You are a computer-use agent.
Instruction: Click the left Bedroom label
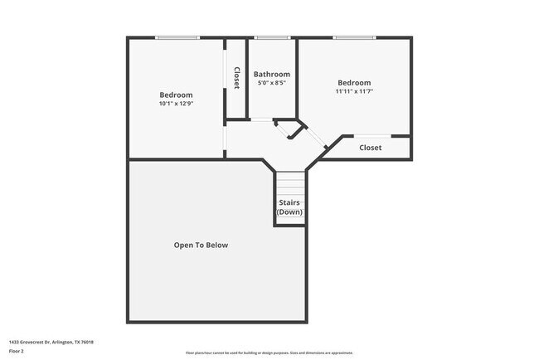pos(176,95)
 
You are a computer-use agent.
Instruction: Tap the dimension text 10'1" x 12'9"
pos(176,104)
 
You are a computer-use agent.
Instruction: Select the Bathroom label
pos(272,74)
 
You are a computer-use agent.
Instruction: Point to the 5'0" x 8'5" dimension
pos(272,83)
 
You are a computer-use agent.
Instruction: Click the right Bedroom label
pos(354,82)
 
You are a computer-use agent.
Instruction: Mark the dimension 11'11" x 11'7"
pos(354,91)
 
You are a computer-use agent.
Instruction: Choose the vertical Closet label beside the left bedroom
pos(236,78)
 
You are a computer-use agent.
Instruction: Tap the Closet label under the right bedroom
pos(370,148)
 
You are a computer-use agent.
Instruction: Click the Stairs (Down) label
pos(289,207)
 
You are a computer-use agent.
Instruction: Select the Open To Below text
pos(201,245)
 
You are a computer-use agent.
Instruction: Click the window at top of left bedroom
pos(177,37)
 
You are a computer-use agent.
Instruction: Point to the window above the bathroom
pos(272,37)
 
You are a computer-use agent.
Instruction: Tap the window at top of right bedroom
pos(354,37)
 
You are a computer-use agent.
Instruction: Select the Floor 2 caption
pos(17,352)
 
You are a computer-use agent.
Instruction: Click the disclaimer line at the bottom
pos(269,353)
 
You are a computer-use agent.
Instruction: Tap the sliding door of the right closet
pos(371,135)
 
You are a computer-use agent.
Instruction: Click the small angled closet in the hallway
pos(291,129)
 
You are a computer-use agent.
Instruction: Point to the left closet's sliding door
pos(225,79)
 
